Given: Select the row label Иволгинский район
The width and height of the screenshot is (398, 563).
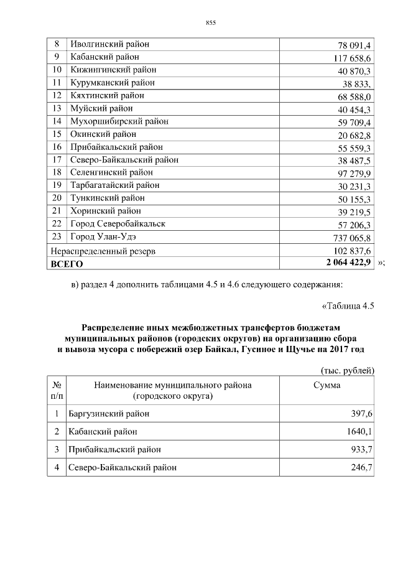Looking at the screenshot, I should point(110,44).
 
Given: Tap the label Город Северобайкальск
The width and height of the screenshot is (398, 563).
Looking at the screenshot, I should point(118,223).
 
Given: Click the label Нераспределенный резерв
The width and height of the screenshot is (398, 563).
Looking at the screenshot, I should point(102,251).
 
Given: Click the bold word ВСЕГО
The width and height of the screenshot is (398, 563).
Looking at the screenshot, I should point(67,264).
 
